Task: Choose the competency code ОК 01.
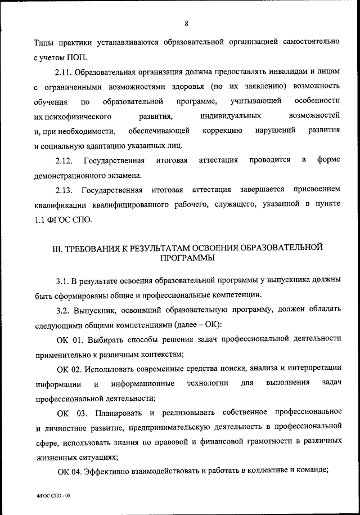point(70,339)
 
